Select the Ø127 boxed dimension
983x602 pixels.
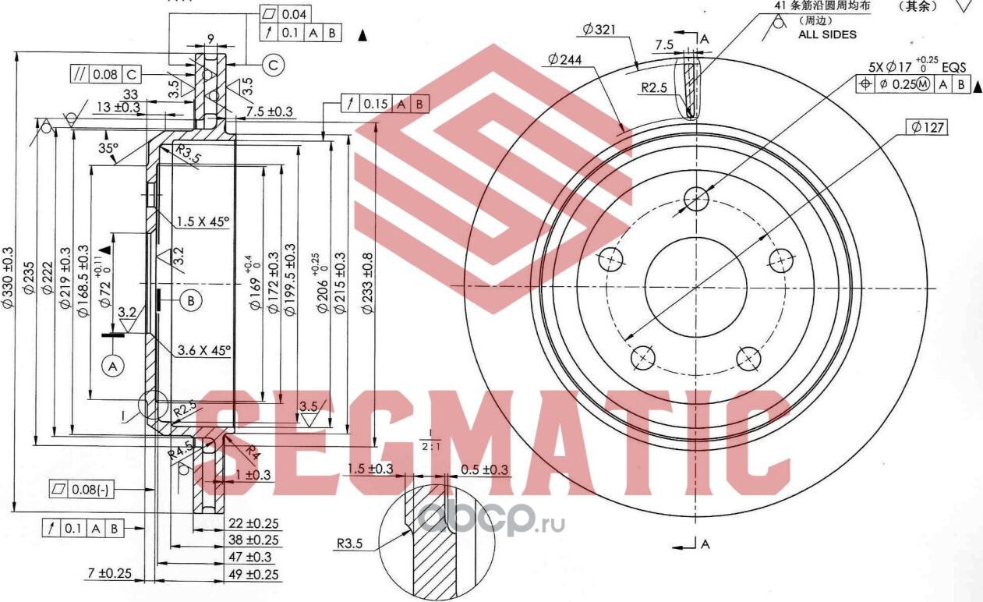point(927,126)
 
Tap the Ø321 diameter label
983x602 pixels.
point(599,30)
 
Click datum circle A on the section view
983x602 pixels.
point(112,365)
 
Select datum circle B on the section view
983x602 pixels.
point(190,299)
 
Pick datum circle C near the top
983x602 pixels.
point(273,66)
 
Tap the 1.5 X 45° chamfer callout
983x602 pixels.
point(202,221)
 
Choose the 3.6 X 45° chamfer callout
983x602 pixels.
point(202,351)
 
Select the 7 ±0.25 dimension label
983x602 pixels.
point(108,573)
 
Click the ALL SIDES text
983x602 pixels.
point(827,34)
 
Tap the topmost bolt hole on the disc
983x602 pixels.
point(696,198)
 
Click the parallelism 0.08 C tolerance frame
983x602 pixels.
point(105,75)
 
